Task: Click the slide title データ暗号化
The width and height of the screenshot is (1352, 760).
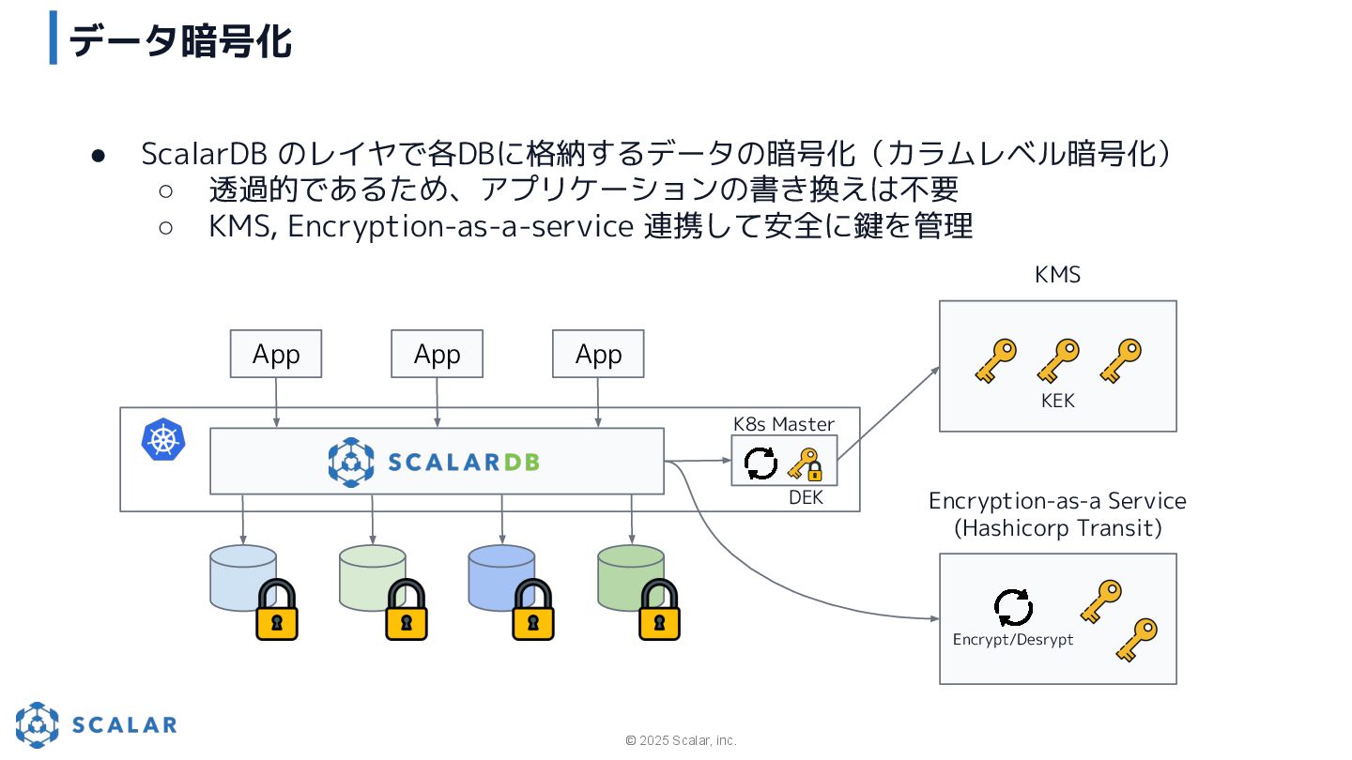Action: pyautogui.click(x=180, y=41)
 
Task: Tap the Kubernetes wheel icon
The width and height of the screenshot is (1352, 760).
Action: pyautogui.click(x=163, y=440)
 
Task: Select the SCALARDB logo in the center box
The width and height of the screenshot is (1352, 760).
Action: pyautogui.click(x=434, y=462)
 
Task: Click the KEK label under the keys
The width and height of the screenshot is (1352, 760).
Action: pyautogui.click(x=1057, y=401)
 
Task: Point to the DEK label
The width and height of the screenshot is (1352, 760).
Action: pyautogui.click(x=806, y=498)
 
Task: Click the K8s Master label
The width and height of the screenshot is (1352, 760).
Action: pyautogui.click(x=784, y=424)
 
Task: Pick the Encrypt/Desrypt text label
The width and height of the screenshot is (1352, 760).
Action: pyautogui.click(x=1012, y=640)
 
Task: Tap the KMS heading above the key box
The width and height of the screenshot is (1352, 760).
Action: pyautogui.click(x=1057, y=275)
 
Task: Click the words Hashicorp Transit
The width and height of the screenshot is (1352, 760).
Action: pyautogui.click(x=1058, y=528)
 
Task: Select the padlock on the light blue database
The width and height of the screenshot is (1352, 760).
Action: pyautogui.click(x=277, y=610)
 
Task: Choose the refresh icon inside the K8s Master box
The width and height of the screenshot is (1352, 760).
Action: pyautogui.click(x=760, y=463)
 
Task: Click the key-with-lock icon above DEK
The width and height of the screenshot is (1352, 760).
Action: pyautogui.click(x=805, y=464)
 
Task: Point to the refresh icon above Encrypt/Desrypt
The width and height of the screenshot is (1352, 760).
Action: pyautogui.click(x=1013, y=607)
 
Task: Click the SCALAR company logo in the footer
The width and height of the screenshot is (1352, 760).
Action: pyautogui.click(x=96, y=724)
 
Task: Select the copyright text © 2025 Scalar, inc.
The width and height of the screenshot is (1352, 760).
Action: pyautogui.click(x=681, y=740)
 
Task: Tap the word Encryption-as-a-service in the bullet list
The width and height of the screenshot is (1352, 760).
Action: pyautogui.click(x=460, y=226)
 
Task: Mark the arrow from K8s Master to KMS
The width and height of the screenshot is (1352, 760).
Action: pyautogui.click(x=888, y=413)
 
